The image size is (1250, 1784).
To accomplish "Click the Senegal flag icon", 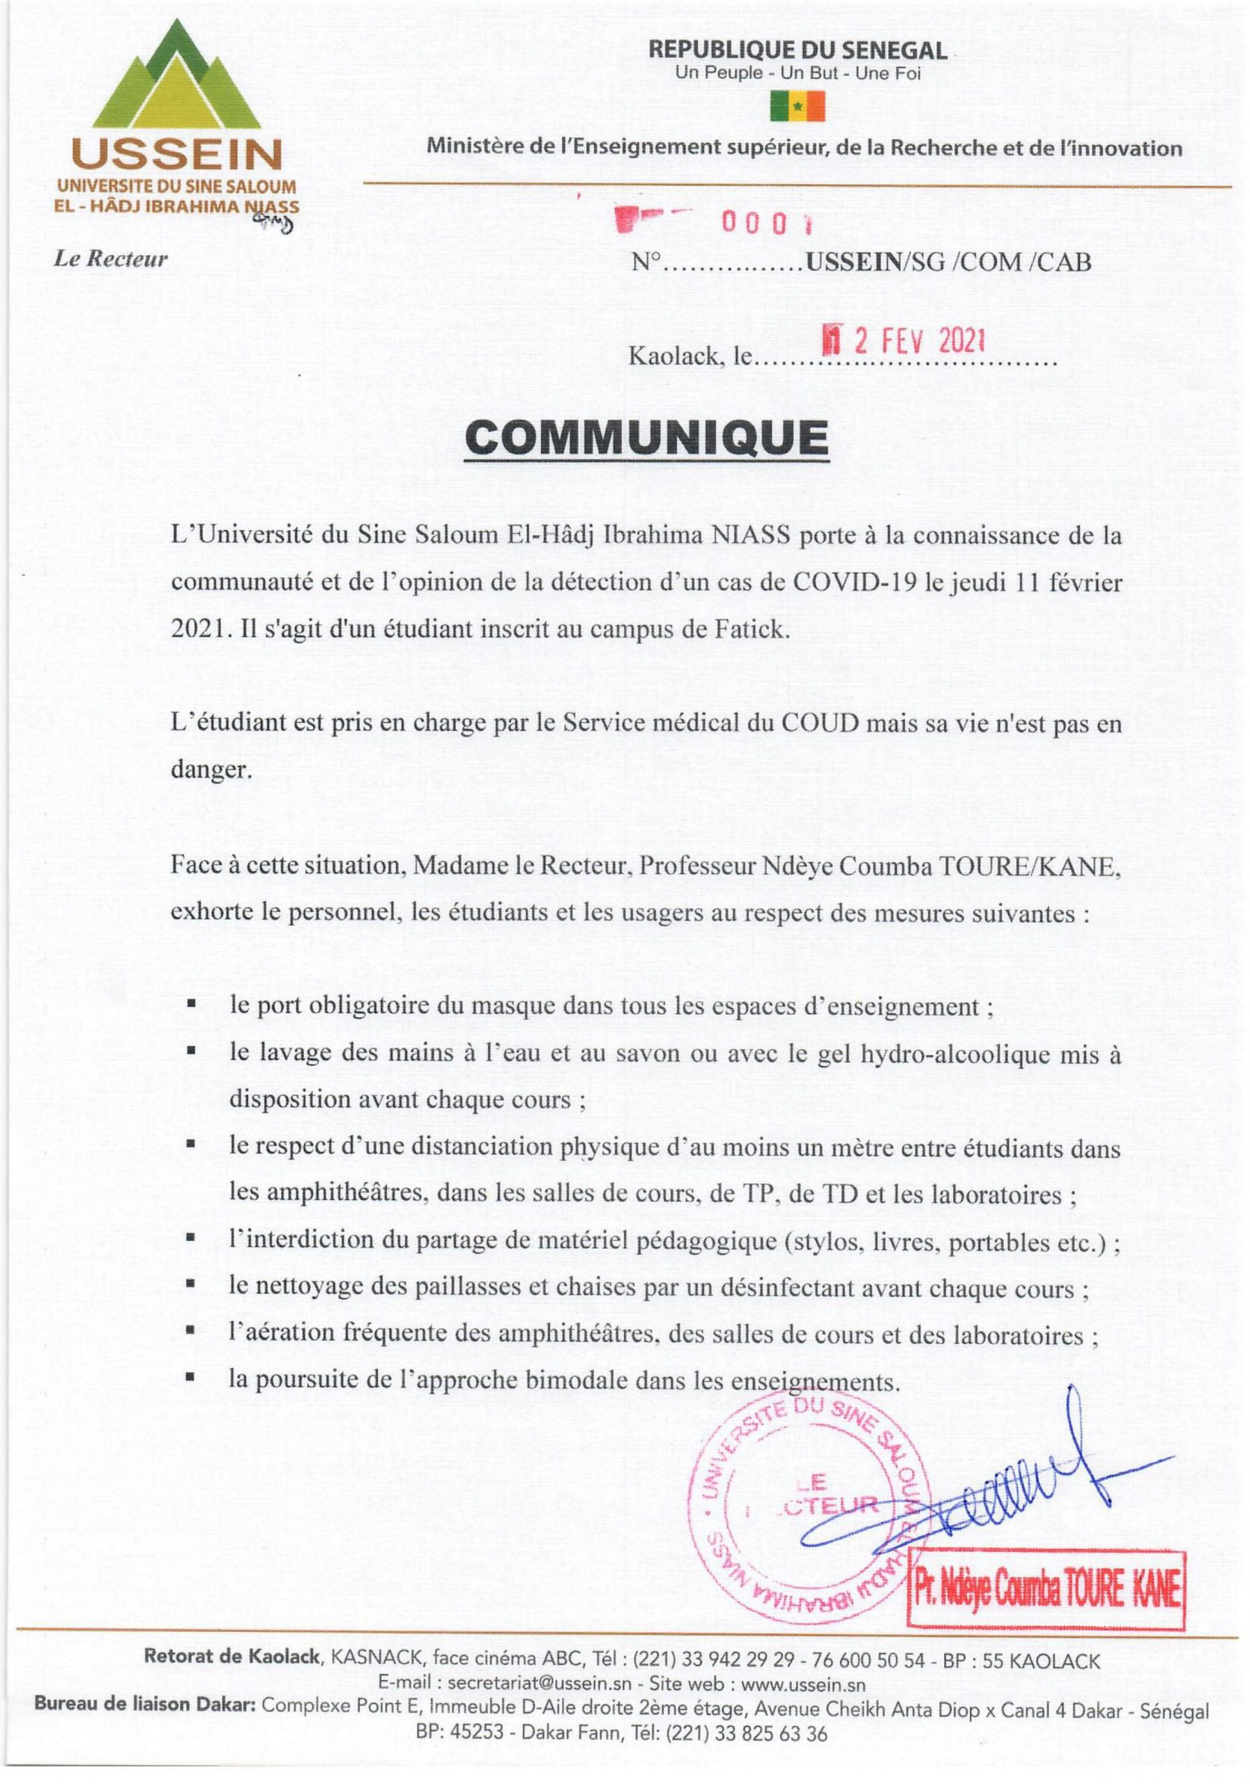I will pos(797,107).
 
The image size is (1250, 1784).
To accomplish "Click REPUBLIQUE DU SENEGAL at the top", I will pos(798,52).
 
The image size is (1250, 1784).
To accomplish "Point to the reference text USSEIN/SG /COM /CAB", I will pos(947,263).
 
